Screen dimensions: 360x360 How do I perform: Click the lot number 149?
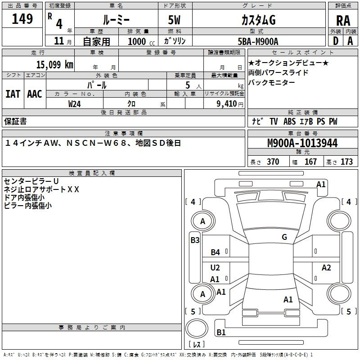(22, 18)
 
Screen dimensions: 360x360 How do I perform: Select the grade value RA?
(343, 21)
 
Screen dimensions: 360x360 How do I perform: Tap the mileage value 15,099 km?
(54, 64)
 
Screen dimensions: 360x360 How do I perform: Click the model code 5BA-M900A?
(258, 41)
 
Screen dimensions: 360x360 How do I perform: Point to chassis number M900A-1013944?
(302, 143)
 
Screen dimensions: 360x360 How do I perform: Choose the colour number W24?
(75, 104)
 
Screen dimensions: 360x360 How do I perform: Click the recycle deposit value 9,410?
(227, 103)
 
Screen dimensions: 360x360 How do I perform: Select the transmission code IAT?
(13, 94)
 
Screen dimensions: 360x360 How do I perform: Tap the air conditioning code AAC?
(35, 94)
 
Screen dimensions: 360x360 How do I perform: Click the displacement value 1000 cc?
(141, 41)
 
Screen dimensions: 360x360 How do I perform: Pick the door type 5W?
(174, 20)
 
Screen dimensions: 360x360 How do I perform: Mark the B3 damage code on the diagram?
(195, 240)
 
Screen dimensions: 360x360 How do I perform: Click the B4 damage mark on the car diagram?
(216, 252)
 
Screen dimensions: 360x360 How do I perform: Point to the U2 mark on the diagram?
(215, 267)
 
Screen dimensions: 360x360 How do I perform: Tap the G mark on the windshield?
(284, 237)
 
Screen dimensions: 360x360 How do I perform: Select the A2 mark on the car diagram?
(326, 267)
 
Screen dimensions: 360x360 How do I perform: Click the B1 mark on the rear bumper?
(221, 332)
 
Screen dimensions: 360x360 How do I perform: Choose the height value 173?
(346, 162)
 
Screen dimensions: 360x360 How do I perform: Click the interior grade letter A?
(350, 41)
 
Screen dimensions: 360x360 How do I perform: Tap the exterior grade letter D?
(336, 41)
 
